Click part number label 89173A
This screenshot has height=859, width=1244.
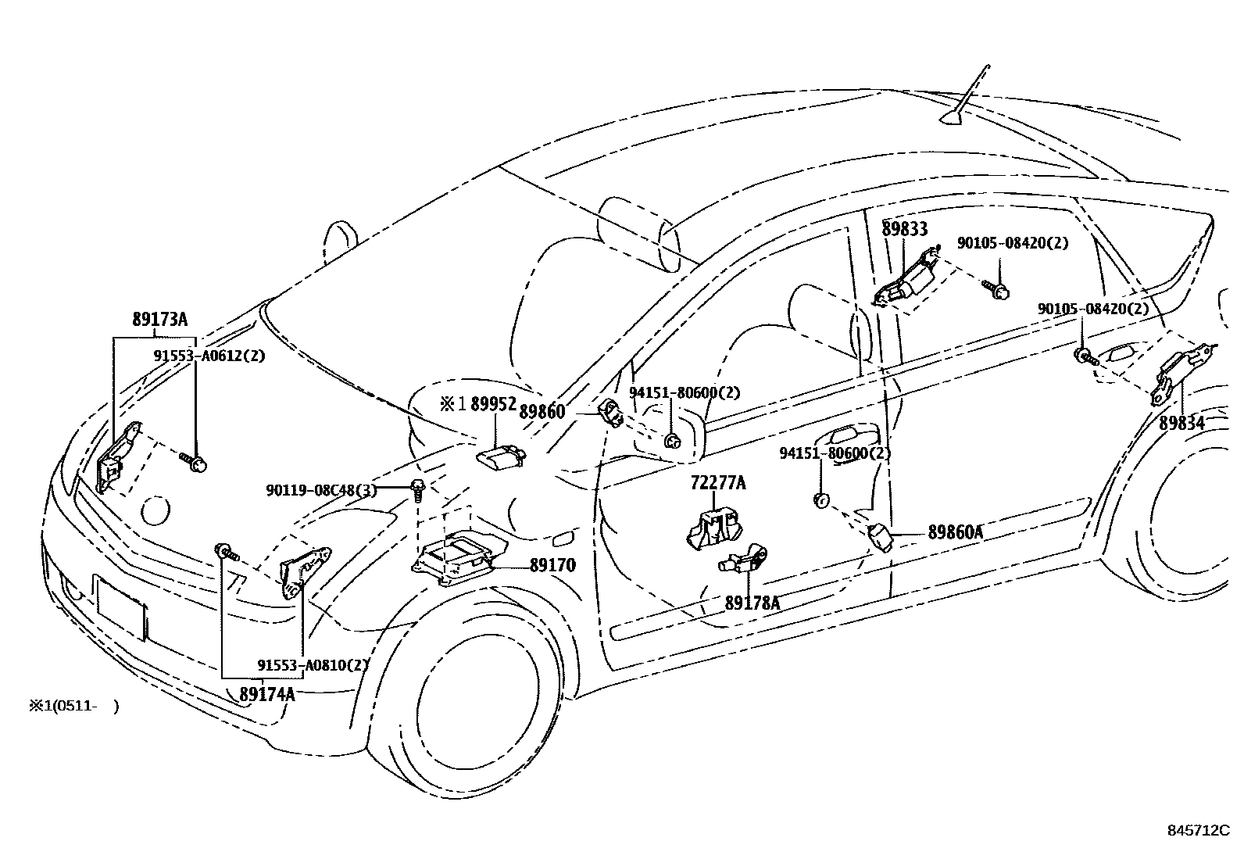coord(159,320)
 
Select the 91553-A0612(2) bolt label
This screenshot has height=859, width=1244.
coord(209,356)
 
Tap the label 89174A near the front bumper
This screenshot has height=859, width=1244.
coord(266,693)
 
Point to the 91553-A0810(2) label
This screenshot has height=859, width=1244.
coord(313,665)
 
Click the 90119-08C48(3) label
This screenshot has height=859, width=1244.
coord(320,490)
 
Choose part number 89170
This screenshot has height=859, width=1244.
coord(552,565)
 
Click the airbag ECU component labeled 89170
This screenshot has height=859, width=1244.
coord(459,556)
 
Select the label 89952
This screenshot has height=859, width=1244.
coord(493,404)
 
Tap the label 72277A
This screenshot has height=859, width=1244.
coord(717,483)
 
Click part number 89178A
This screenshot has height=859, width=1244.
coord(752,603)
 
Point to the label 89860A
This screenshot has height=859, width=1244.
coord(955,533)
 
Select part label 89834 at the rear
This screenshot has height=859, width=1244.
coord(1181,423)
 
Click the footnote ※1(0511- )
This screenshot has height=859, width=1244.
coord(73,707)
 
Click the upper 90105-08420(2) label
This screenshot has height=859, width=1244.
coord(1012,243)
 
